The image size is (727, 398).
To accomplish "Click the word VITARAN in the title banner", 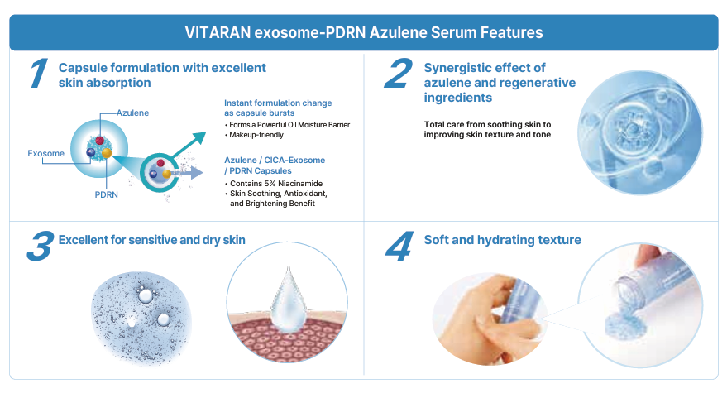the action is click(218, 32).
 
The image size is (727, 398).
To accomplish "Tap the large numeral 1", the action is click(39, 74).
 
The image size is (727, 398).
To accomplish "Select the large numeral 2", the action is click(399, 74).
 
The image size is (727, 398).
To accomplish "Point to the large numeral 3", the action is click(41, 246).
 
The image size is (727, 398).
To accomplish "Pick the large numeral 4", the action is click(399, 246).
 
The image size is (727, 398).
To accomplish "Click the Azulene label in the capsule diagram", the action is click(132, 113).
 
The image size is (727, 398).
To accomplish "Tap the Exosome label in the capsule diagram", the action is click(45, 153).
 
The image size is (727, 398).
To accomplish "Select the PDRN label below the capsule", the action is click(106, 194).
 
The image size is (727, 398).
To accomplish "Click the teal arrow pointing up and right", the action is click(189, 145).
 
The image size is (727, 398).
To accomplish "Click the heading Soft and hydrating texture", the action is click(502, 240).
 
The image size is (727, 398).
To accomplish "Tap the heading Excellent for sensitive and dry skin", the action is click(151, 240).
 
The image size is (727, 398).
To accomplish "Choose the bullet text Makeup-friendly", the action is click(256, 135).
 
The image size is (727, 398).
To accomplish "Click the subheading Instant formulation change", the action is click(278, 103).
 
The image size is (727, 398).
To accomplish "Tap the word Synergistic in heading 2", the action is click(454, 68).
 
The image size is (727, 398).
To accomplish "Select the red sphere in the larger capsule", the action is click(99, 140).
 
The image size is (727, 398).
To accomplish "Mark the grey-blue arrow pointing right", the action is click(187, 173).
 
